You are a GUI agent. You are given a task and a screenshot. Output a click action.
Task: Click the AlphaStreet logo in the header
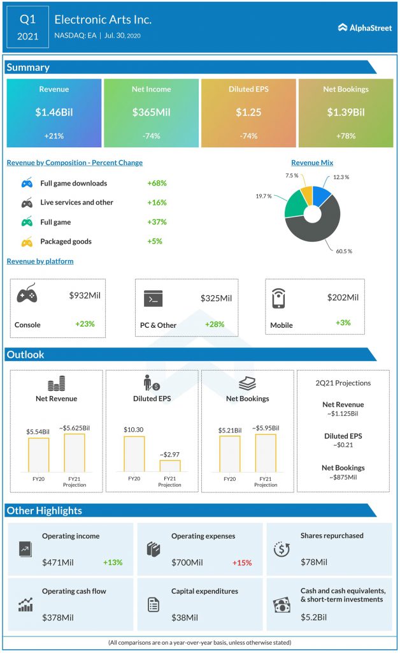pos(365,27)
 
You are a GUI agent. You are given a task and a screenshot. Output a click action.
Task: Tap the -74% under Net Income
pos(151,136)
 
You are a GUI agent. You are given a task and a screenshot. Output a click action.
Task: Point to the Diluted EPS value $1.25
pos(248,112)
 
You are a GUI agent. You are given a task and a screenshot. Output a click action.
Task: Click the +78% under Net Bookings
pos(345,136)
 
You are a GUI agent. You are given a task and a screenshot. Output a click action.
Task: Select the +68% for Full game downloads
pos(157,184)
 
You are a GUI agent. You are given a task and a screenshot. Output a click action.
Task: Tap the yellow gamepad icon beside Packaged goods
pos(27,242)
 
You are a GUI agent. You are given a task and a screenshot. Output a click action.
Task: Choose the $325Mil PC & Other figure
pos(216,298)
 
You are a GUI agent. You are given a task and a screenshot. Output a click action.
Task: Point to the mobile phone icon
pos(278,298)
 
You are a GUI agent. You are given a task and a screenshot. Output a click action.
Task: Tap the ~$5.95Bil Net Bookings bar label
pos(265,428)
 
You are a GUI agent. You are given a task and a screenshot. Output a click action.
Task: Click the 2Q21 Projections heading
pos(343,383)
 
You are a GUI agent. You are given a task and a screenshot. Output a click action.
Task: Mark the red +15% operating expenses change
pos(241,562)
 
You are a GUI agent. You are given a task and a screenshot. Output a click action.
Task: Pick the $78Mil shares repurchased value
pos(314,562)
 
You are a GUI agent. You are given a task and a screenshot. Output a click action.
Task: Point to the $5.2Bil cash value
pos(313,617)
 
